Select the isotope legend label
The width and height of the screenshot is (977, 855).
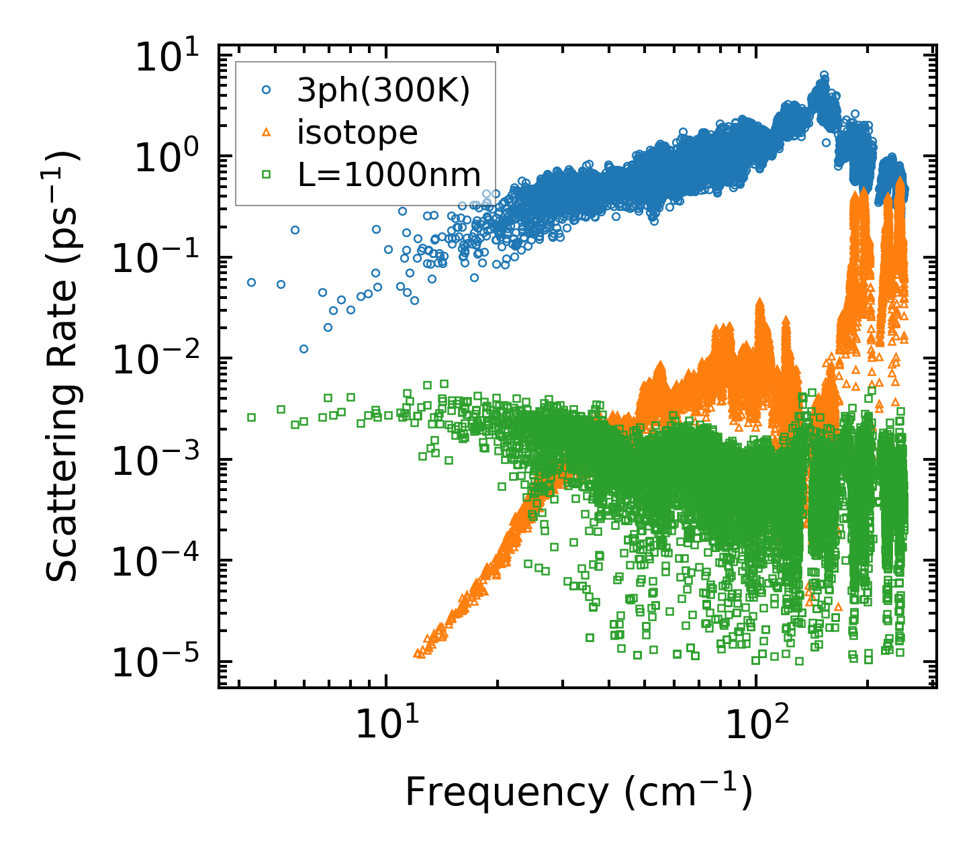357,133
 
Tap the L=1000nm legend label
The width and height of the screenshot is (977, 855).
389,175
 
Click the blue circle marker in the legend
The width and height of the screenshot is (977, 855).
267,90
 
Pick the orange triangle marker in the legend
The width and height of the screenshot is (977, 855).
267,132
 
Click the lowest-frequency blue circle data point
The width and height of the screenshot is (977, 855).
251,283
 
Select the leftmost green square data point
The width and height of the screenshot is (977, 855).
251,417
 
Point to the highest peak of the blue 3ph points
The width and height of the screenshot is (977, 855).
824,75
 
